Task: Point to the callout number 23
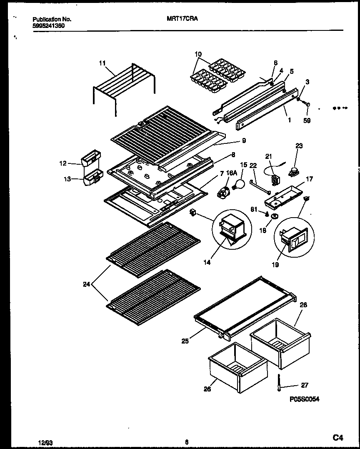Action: [x=299, y=146]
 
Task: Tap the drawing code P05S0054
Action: [x=305, y=399]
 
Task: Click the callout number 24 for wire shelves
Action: [x=86, y=285]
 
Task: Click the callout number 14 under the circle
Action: [x=207, y=263]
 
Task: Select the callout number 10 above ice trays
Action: [x=198, y=54]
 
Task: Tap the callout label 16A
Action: [x=231, y=172]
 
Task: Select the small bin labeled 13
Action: [x=92, y=180]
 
